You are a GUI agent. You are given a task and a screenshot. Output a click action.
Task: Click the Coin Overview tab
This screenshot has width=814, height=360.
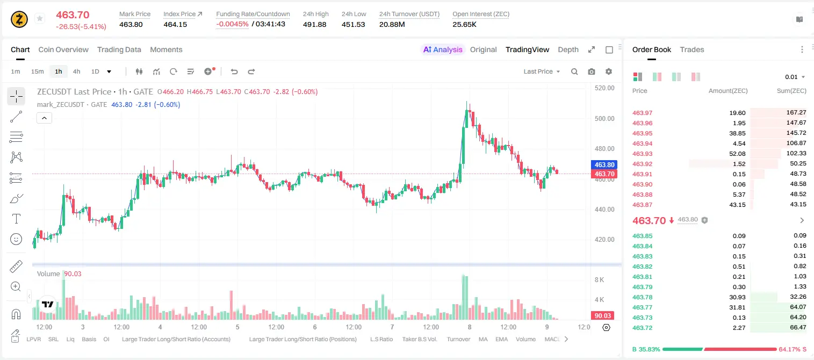(63, 49)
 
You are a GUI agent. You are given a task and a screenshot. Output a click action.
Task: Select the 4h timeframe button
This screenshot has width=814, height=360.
(76, 71)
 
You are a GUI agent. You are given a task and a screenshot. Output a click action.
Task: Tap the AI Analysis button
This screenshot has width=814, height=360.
(443, 49)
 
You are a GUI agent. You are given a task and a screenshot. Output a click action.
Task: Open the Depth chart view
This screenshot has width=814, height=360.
(568, 49)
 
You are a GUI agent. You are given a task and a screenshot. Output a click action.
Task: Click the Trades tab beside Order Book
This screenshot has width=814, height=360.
(692, 49)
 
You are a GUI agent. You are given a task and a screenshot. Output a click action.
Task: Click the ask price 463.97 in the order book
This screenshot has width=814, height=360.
(642, 113)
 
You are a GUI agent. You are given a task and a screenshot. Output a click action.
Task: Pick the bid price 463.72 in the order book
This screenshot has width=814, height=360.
(642, 328)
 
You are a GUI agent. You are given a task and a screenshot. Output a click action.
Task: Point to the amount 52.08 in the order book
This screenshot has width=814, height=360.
(737, 154)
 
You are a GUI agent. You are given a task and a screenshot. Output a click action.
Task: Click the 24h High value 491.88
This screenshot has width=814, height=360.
(314, 24)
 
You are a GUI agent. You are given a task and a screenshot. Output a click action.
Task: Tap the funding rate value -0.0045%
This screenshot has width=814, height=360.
(232, 24)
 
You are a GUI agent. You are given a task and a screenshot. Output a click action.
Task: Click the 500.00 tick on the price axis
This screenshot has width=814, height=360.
(604, 118)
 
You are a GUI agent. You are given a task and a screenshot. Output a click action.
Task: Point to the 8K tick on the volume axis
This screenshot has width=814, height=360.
(599, 280)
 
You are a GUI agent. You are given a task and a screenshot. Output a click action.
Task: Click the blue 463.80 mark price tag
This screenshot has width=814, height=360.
(604, 164)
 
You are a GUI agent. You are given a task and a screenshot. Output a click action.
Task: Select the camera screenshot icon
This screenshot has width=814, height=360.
(592, 71)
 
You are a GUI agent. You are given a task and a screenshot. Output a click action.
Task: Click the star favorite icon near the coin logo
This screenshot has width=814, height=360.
(40, 18)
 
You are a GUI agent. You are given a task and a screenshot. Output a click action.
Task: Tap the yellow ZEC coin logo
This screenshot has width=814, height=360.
(19, 19)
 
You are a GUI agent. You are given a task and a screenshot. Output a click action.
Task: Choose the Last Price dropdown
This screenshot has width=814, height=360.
(542, 71)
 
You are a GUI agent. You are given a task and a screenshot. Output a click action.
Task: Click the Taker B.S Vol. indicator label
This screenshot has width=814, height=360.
(419, 339)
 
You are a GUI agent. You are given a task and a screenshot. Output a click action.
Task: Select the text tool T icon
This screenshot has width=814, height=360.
(16, 219)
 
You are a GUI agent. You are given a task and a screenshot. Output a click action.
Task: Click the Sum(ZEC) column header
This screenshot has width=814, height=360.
(791, 91)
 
